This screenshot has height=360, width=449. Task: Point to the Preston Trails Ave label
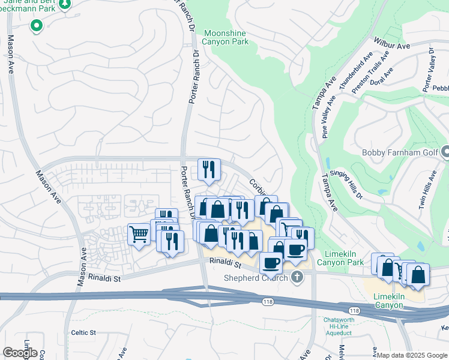[370, 72]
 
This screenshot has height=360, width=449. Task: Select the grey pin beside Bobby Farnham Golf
[445, 152]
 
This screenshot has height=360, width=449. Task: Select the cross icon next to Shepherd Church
[296, 277]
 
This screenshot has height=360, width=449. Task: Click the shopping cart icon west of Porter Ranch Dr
[139, 233]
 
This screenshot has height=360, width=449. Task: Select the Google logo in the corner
[20, 353]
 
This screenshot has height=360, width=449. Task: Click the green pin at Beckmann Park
[36, 26]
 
